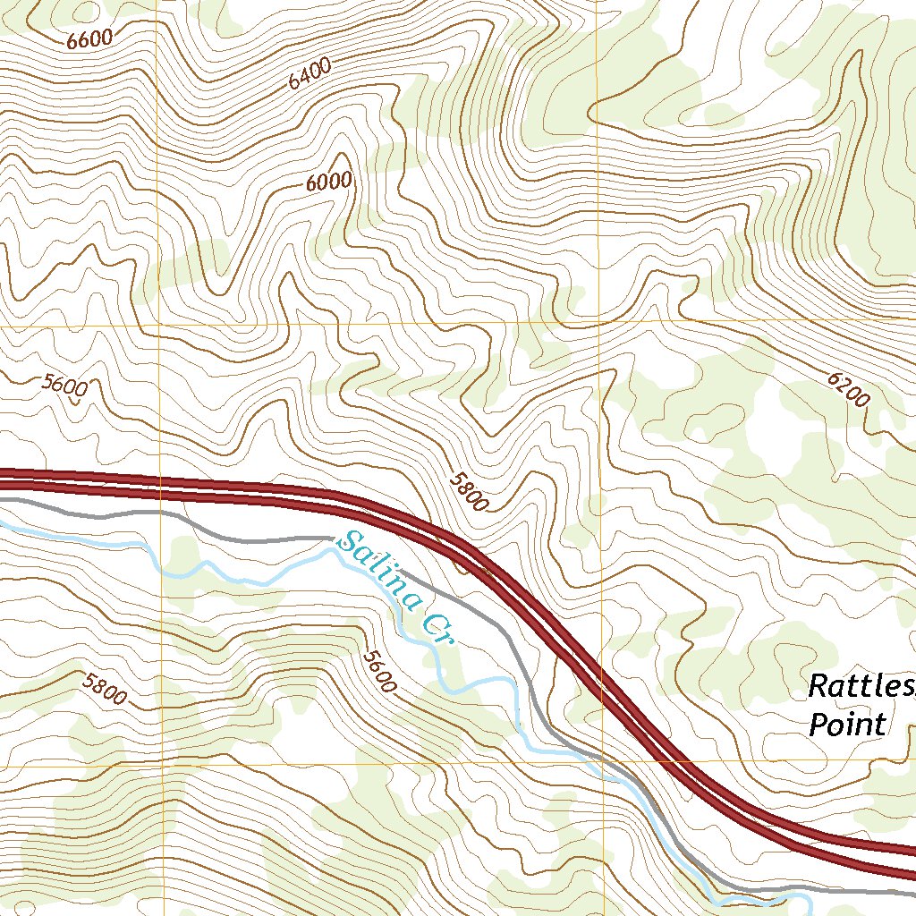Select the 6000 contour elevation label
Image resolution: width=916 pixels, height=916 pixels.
click(x=328, y=182)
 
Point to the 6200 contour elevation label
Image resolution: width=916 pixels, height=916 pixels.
click(x=847, y=390)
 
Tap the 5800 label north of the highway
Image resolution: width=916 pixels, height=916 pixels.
click(x=468, y=491)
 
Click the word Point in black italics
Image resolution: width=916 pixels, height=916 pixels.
click(x=846, y=724)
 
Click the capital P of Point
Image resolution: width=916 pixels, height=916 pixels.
click(x=818, y=724)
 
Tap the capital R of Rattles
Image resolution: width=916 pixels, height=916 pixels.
click(x=818, y=687)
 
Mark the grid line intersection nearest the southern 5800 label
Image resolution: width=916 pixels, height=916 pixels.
click(x=162, y=766)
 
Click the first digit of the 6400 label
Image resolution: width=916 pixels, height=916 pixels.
click(x=293, y=83)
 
